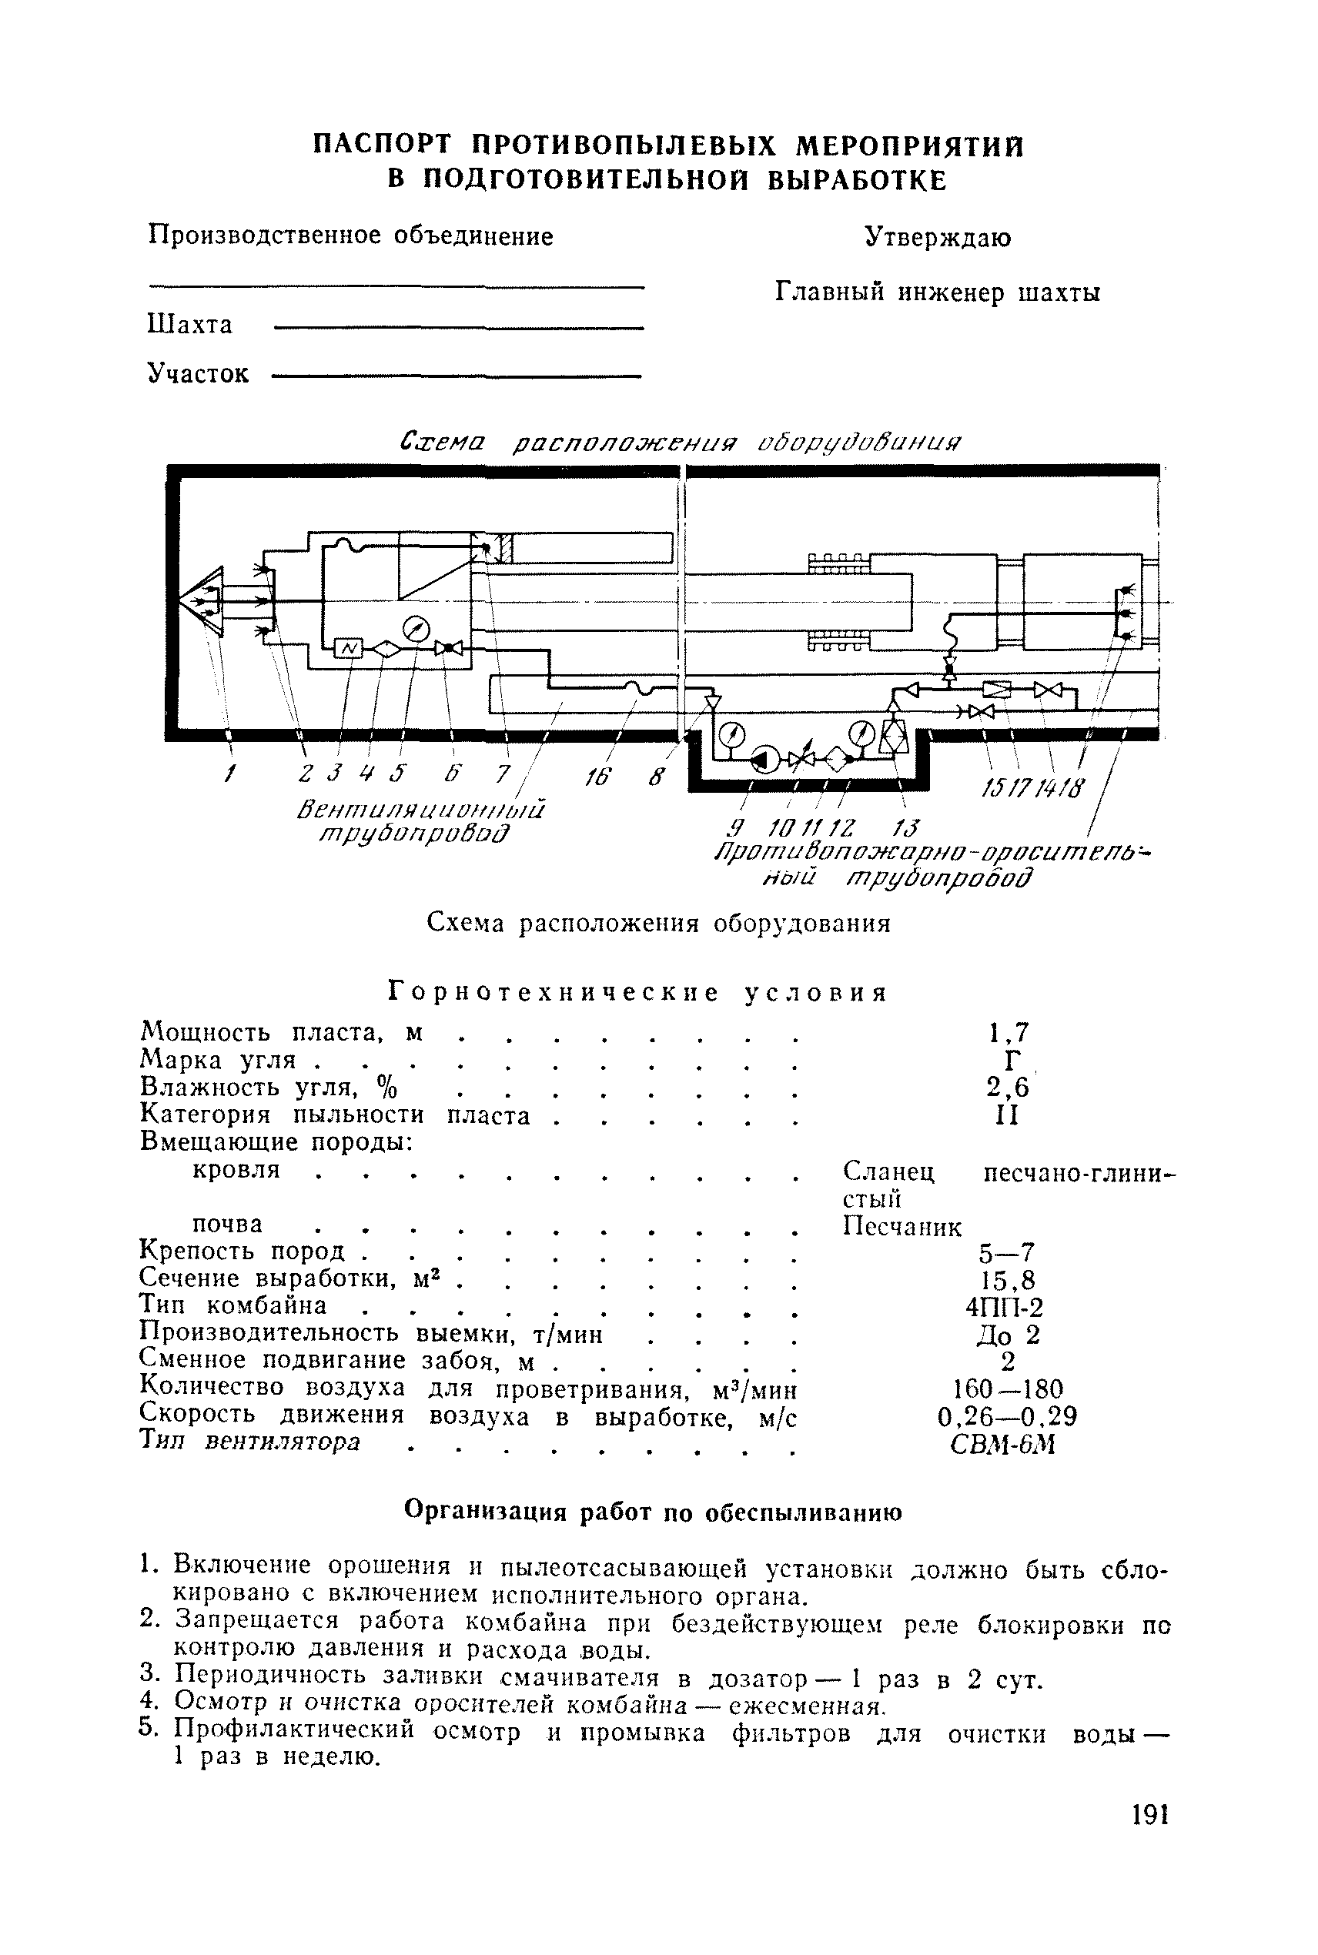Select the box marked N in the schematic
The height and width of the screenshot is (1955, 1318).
click(x=348, y=648)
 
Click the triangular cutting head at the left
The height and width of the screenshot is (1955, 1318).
click(x=205, y=600)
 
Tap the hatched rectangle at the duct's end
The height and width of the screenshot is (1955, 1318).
click(x=505, y=550)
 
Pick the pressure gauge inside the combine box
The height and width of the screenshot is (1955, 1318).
click(x=416, y=627)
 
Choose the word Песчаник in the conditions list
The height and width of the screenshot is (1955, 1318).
click(x=902, y=1227)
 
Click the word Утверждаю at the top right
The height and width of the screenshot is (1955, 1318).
click(x=938, y=238)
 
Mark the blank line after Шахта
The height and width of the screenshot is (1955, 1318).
click(x=459, y=328)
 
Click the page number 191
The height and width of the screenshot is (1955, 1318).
click(x=1146, y=1816)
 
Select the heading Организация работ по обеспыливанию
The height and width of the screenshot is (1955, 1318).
click(x=654, y=1512)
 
